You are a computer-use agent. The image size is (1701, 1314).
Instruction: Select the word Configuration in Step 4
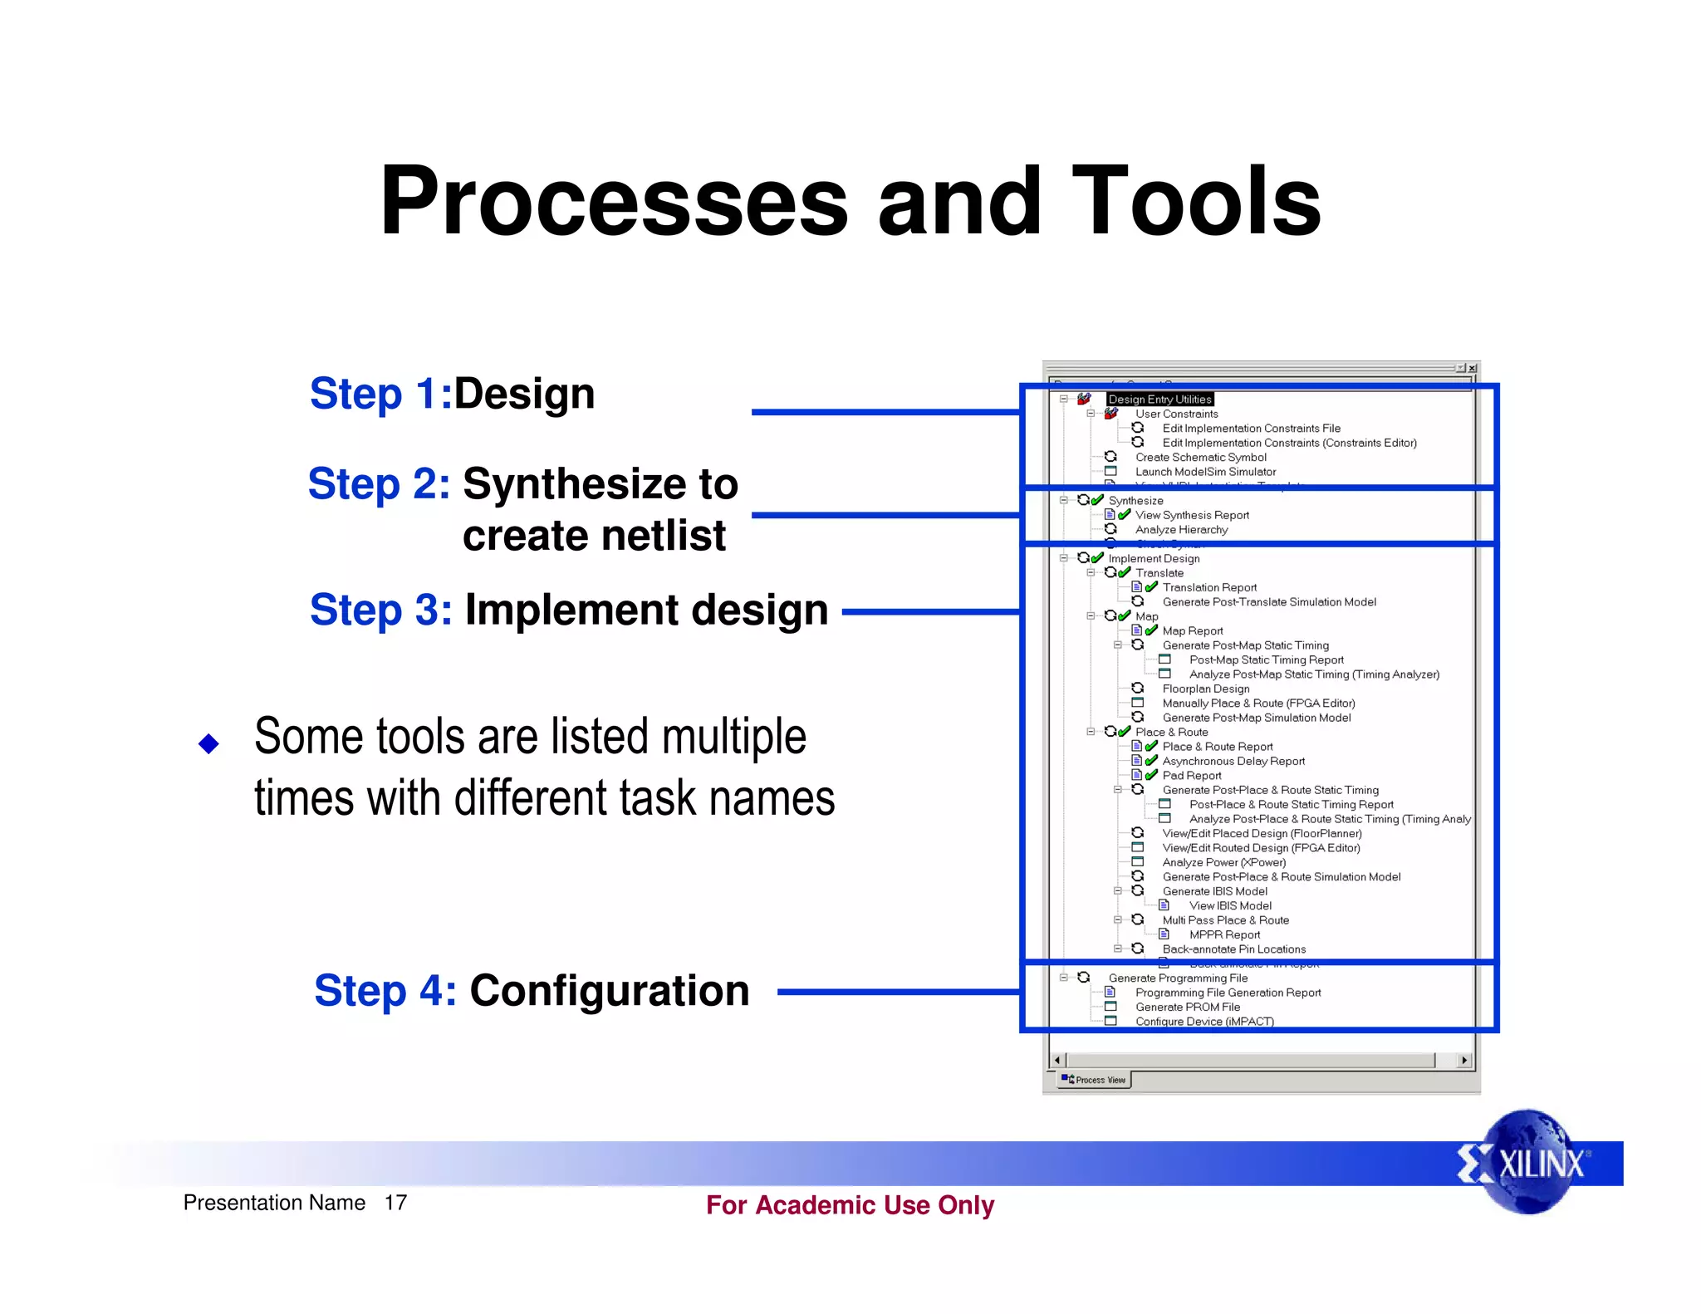click(x=609, y=991)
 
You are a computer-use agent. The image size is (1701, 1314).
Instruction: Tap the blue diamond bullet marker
click(x=208, y=743)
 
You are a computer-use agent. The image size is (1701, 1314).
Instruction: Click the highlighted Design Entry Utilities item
click(x=1159, y=400)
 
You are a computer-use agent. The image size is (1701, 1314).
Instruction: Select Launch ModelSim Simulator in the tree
click(x=1205, y=472)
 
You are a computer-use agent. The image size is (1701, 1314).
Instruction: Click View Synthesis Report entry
click(x=1192, y=515)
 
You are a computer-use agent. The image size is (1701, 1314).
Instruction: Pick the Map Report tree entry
click(x=1193, y=631)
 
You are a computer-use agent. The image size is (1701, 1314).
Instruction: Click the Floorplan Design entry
click(x=1206, y=689)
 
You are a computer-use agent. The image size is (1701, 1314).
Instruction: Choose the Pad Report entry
click(x=1192, y=776)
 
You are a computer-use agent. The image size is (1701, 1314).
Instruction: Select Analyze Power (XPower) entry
click(x=1224, y=862)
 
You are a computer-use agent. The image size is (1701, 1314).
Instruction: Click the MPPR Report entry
click(x=1224, y=934)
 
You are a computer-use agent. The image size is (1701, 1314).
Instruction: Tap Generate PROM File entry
click(x=1188, y=1007)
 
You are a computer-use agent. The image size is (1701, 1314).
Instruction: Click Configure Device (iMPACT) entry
click(x=1204, y=1022)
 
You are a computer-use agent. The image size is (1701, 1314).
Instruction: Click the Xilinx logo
click(x=1527, y=1162)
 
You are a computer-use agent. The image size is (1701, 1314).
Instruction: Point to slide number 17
click(x=395, y=1203)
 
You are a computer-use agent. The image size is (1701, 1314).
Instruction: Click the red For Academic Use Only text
click(x=850, y=1205)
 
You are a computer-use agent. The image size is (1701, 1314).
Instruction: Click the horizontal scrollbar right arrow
click(x=1464, y=1061)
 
